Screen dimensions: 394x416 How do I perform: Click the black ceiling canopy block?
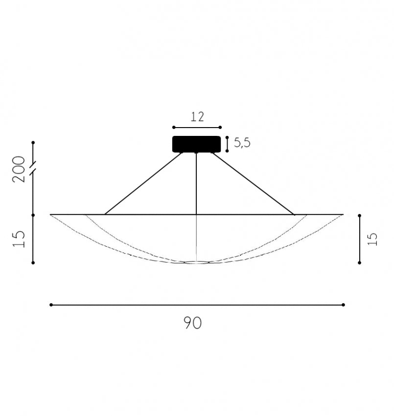tap(196, 144)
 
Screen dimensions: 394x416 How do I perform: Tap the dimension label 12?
tap(197, 117)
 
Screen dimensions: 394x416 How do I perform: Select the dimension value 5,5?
tap(242, 143)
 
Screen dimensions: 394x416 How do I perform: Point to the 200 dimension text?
tap(19, 169)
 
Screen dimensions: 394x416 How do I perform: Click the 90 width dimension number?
tap(193, 323)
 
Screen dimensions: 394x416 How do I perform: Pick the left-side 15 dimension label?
tap(19, 239)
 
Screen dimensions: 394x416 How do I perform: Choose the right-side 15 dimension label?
tap(372, 239)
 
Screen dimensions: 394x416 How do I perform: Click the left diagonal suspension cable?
tap(144, 183)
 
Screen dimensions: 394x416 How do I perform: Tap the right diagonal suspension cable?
tap(253, 183)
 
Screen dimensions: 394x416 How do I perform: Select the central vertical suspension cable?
tap(196, 183)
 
